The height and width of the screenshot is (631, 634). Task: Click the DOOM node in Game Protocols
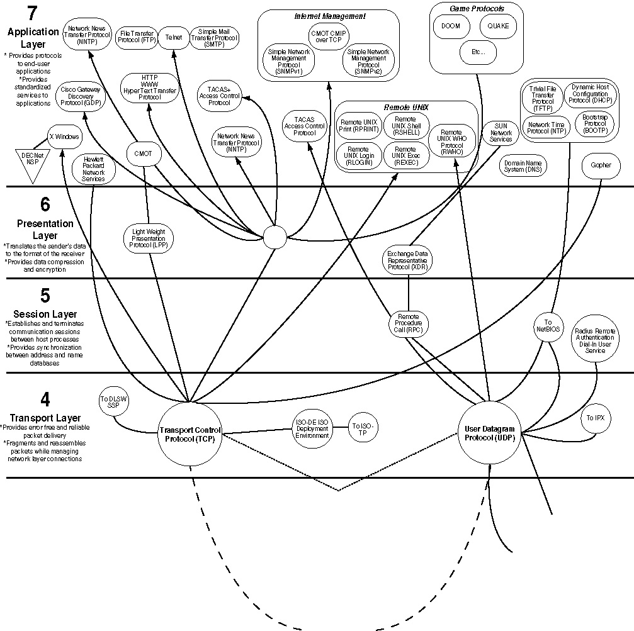click(450, 26)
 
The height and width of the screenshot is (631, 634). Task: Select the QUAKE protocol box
click(499, 26)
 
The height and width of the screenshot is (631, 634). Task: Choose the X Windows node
click(65, 137)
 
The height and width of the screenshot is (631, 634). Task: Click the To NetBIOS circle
click(548, 325)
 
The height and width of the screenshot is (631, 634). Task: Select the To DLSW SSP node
click(114, 403)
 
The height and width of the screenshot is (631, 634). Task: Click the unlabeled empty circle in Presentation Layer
click(275, 237)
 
